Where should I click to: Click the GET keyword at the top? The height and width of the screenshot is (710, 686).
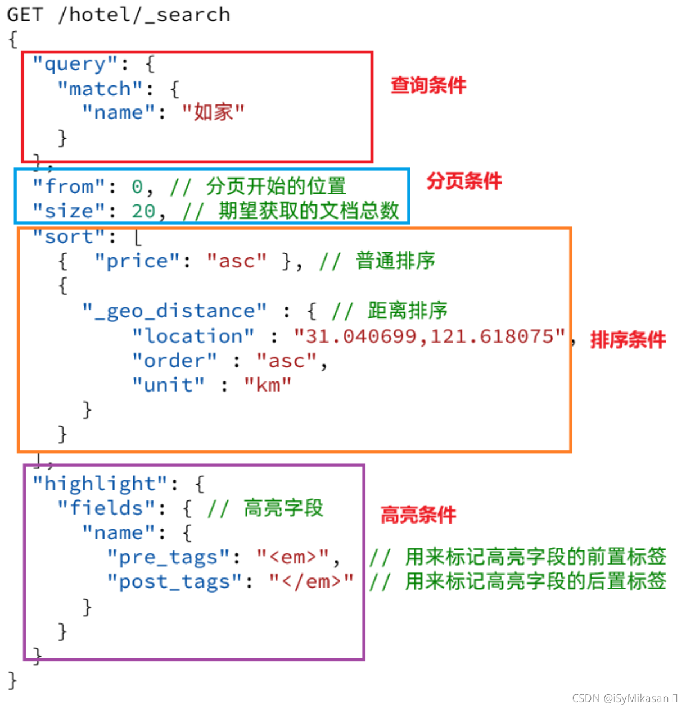click(x=25, y=15)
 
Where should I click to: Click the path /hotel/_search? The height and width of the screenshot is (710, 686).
click(x=144, y=15)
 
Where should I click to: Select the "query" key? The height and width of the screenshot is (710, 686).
click(x=75, y=64)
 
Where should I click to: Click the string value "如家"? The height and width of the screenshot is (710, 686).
click(x=213, y=112)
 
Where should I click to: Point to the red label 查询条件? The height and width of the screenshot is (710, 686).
click(x=428, y=85)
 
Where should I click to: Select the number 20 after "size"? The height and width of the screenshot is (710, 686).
click(x=143, y=211)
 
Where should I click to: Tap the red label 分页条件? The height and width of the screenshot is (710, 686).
click(x=464, y=181)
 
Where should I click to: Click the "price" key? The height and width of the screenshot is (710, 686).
click(x=137, y=261)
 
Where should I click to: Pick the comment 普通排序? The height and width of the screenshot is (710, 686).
click(x=395, y=261)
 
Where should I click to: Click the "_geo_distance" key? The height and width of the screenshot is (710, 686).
click(x=174, y=311)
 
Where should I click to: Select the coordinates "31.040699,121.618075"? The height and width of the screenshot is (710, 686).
click(x=430, y=336)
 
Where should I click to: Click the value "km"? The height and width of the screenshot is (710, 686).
click(x=268, y=385)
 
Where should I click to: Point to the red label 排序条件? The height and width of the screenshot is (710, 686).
click(x=628, y=340)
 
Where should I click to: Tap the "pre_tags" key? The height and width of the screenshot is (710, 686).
click(x=168, y=557)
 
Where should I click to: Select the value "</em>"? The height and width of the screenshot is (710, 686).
click(x=311, y=582)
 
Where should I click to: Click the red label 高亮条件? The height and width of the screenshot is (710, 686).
click(x=418, y=515)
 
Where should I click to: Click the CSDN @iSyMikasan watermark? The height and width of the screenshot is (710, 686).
click(x=624, y=698)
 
